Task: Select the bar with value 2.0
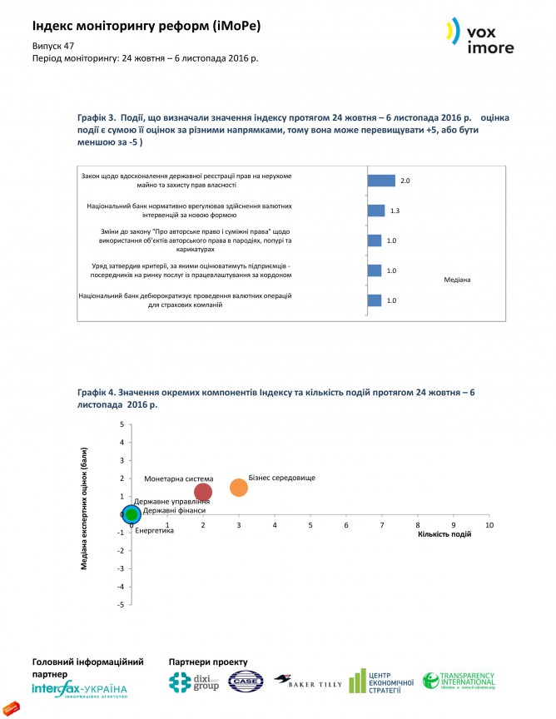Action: [x=381, y=181]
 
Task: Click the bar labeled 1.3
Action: [x=376, y=211]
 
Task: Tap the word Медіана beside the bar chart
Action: [x=458, y=279]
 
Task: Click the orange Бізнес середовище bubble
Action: [x=239, y=488]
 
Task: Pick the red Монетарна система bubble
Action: [x=203, y=492]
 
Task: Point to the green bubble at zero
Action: [x=132, y=515]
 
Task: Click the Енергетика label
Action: [x=154, y=530]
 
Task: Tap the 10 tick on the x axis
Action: [x=489, y=526]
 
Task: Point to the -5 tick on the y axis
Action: [x=121, y=605]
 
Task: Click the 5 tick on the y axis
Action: [x=122, y=424]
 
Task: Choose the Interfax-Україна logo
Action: [x=80, y=691]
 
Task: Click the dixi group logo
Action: [x=194, y=682]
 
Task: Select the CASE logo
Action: [x=246, y=682]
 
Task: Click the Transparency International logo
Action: [x=458, y=682]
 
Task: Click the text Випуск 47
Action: [x=51, y=47]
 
